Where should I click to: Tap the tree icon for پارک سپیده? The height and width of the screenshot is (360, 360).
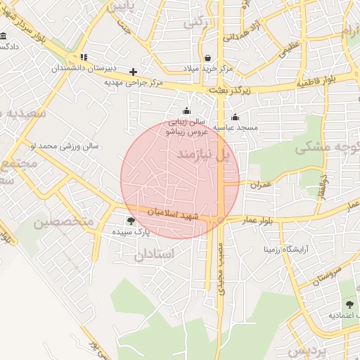[x=131, y=221]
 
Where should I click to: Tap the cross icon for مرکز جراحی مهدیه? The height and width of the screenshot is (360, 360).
[x=133, y=72]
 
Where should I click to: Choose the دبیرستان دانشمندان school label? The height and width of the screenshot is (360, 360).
[x=84, y=70]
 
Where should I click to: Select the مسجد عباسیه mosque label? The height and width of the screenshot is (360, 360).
[x=236, y=128]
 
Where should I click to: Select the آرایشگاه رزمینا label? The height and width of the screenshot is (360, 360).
[x=286, y=249]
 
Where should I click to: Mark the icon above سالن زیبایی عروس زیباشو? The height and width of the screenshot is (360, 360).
[x=186, y=110]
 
